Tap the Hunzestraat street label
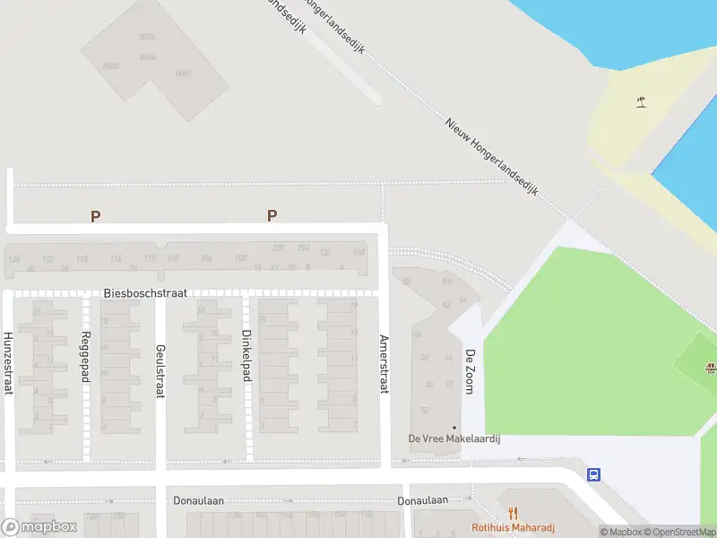8,363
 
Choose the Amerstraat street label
384,364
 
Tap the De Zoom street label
469,370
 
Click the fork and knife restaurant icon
514,514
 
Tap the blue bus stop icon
593,474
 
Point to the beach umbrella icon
641,102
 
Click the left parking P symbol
95,216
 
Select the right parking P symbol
272,215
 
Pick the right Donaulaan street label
423,500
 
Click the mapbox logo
39,526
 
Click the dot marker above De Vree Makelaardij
454,427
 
